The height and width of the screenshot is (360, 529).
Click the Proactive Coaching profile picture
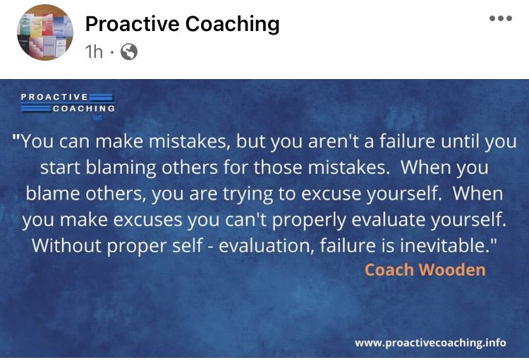click(x=44, y=33)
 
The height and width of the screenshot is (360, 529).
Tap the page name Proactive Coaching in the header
click(x=182, y=25)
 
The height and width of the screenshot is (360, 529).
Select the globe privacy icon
click(x=130, y=52)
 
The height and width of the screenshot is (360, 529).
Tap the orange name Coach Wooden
click(x=425, y=270)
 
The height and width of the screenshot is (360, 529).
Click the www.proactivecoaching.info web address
click(x=430, y=342)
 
